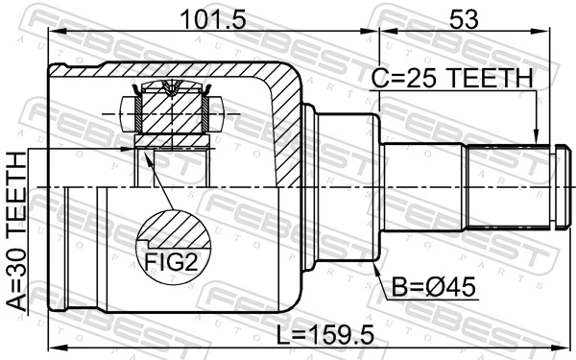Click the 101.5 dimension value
coord(210,18)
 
